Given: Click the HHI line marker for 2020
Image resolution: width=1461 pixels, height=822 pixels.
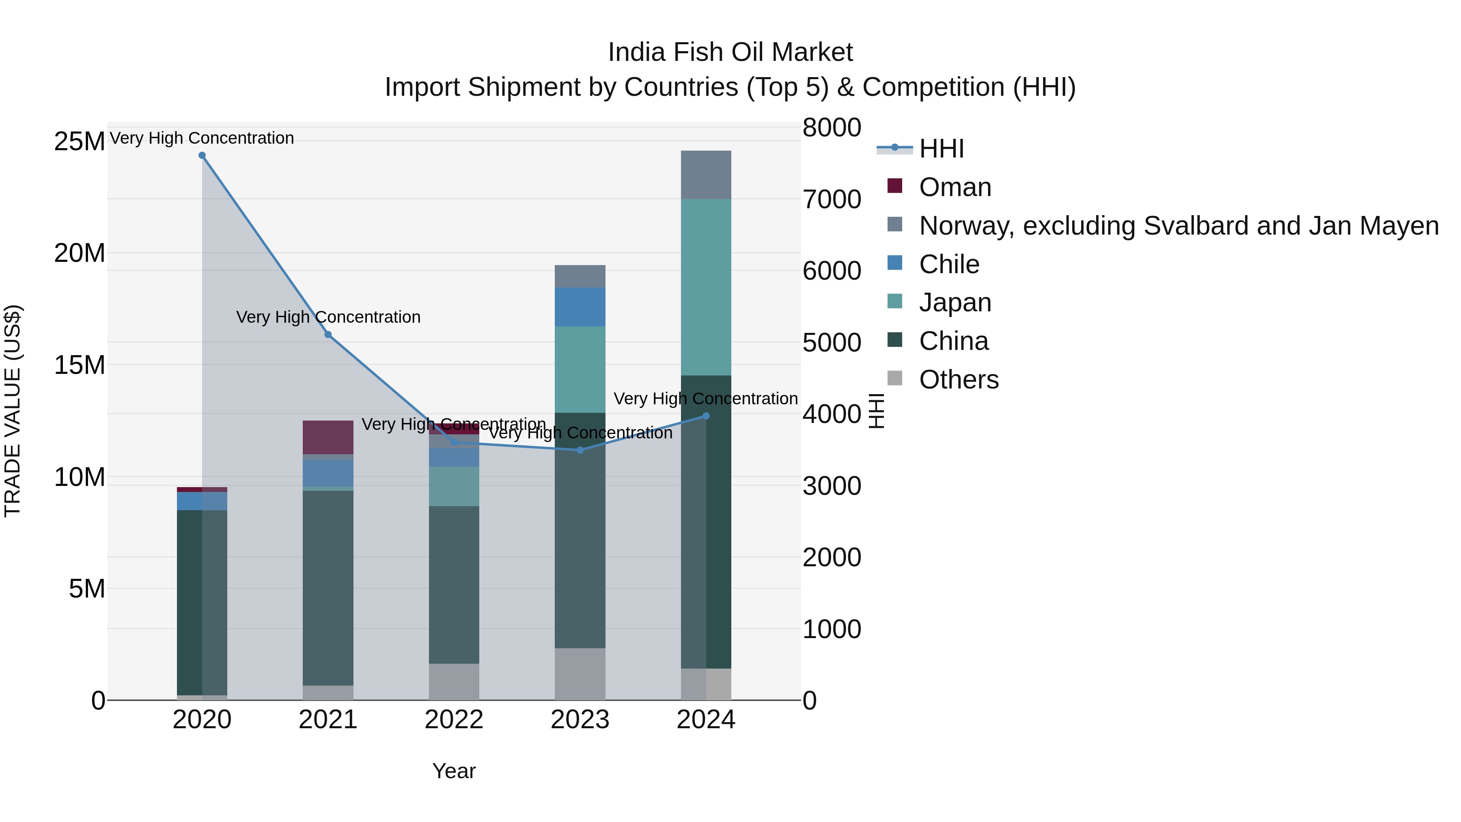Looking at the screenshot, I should tap(202, 155).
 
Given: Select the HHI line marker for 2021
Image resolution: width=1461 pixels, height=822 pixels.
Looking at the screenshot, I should tap(328, 335).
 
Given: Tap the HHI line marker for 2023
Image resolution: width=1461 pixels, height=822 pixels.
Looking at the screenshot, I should tap(580, 450).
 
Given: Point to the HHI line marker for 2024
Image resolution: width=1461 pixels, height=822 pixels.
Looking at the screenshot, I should tap(706, 416).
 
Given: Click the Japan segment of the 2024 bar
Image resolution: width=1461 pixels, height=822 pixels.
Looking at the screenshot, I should tap(706, 287).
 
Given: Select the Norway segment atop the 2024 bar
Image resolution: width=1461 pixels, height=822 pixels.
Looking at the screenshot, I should tap(706, 175).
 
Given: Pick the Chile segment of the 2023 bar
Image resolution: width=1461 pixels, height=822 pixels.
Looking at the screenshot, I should tap(580, 306).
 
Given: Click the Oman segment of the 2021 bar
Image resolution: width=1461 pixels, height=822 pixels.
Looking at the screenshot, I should tap(328, 437).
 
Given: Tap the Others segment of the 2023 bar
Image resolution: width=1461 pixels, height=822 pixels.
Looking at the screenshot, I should tap(580, 673).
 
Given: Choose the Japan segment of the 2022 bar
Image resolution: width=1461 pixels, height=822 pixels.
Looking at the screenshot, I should tap(454, 486).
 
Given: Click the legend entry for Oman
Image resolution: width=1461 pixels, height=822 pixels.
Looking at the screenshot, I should tap(955, 187).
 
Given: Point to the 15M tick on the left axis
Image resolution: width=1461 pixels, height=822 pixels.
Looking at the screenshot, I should tap(80, 365).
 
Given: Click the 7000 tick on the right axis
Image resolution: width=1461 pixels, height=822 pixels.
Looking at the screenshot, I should tap(832, 199).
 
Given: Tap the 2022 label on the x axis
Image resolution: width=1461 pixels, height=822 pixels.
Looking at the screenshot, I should tap(454, 720).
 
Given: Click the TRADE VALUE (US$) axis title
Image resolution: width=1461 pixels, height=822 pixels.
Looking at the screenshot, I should tap(13, 411).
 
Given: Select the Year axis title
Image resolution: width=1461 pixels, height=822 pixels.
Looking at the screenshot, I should tap(454, 771).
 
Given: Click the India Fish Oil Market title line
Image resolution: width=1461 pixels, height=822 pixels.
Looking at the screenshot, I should tap(730, 52).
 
